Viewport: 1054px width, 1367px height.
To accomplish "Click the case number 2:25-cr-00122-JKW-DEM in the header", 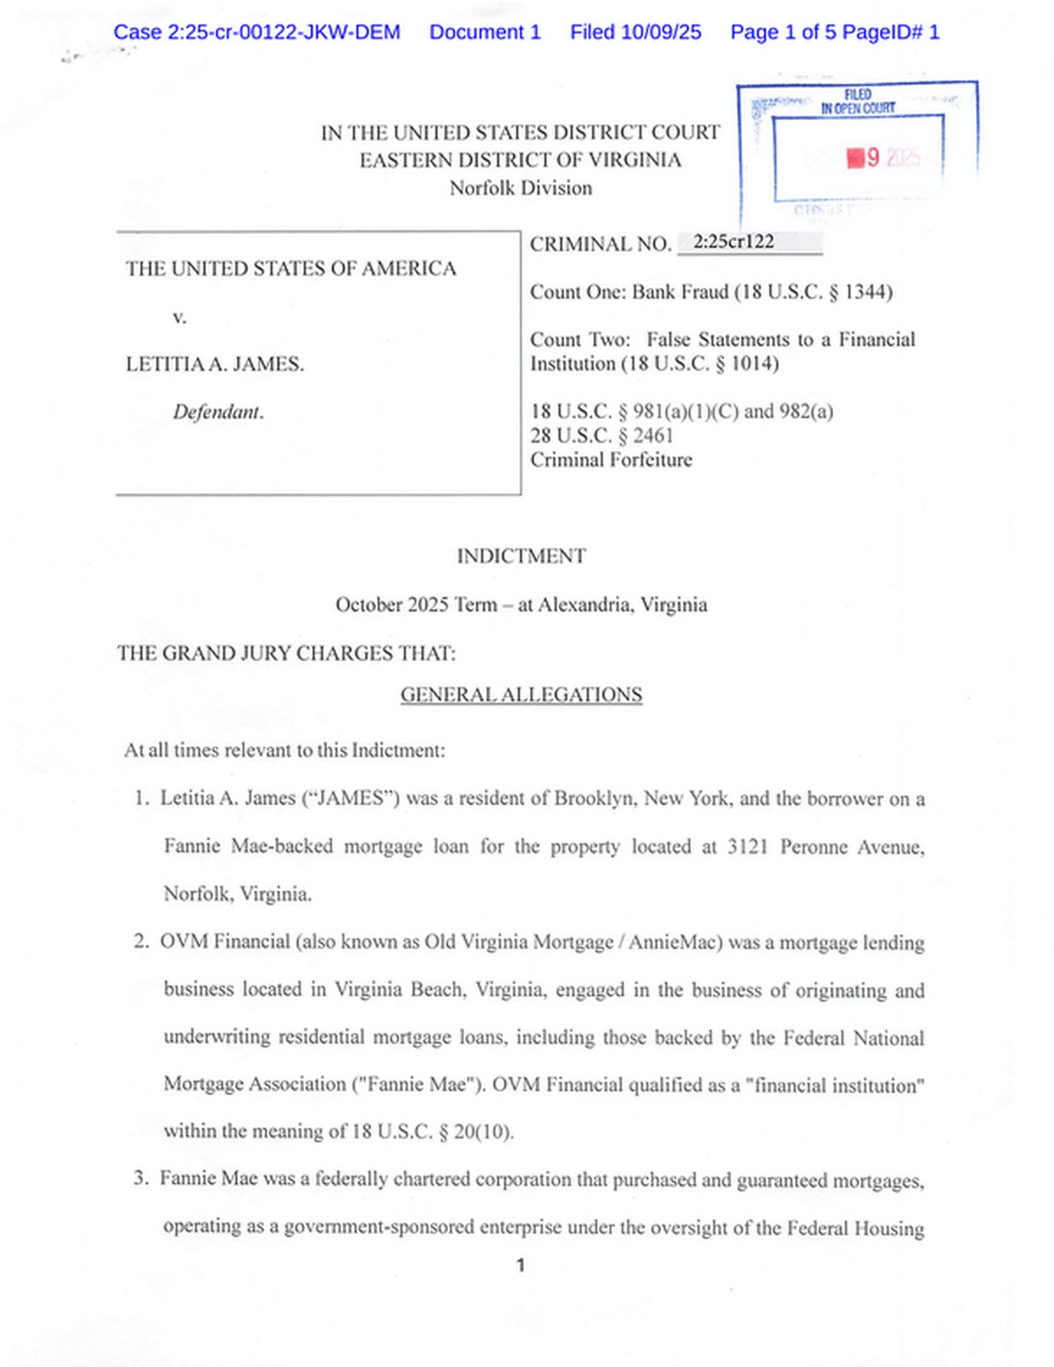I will pos(256,33).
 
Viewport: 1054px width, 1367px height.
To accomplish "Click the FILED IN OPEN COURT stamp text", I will pos(857,102).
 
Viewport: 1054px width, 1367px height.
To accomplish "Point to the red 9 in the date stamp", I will pos(872,158).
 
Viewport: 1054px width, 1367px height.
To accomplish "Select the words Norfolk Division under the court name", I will pos(521,188).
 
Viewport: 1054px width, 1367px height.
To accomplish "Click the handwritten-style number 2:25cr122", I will pos(733,242).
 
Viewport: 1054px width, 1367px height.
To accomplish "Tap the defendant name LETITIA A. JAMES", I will pos(214,364).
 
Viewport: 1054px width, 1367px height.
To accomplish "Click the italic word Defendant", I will pos(218,412).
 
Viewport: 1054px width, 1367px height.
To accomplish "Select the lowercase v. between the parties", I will pos(179,317).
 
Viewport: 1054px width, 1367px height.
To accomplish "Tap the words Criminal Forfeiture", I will pos(610,459).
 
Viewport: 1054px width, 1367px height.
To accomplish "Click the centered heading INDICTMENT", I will pos(521,556).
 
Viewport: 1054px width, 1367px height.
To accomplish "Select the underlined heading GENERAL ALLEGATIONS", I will pos(521,695).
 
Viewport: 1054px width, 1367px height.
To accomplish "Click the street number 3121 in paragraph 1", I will pos(747,847).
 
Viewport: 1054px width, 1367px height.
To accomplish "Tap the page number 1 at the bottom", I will pos(521,1265).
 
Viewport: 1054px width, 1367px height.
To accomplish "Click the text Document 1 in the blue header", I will pos(485,33).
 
